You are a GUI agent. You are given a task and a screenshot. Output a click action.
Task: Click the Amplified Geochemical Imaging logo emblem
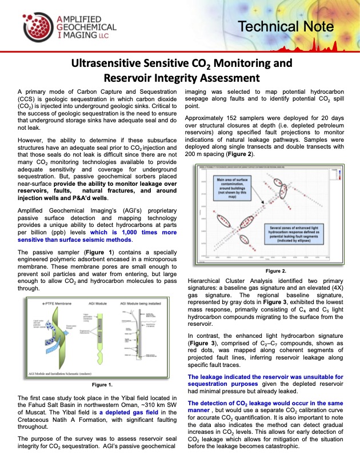35,26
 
